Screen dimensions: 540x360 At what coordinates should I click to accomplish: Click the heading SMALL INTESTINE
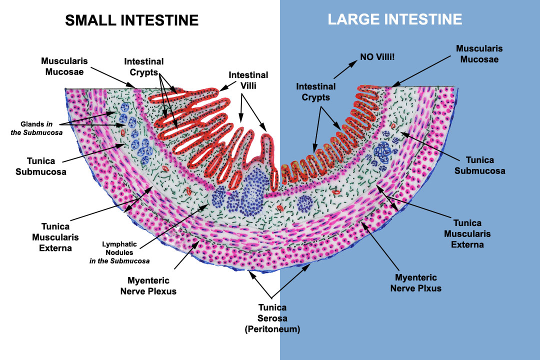132,20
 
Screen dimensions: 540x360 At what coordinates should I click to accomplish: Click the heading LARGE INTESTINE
394,19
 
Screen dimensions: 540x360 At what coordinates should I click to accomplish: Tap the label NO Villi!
377,57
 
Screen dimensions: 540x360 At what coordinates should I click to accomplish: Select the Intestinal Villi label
248,80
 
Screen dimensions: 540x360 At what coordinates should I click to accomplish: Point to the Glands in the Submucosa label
36,128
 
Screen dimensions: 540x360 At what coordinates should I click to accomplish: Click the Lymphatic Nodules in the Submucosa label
119,252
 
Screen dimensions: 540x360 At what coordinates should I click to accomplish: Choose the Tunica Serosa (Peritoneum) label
272,318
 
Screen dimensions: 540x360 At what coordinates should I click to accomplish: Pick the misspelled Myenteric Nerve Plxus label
415,283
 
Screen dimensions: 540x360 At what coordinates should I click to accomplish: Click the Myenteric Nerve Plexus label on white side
148,286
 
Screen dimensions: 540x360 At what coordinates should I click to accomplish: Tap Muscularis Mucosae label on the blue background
479,53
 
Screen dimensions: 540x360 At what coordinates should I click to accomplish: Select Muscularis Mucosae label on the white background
64,66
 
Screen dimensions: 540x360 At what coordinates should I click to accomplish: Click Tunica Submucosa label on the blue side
479,165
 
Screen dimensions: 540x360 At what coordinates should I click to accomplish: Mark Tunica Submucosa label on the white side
41,166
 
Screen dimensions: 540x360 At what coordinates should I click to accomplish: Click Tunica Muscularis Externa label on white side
55,237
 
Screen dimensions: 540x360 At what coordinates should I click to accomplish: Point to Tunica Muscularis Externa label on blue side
467,234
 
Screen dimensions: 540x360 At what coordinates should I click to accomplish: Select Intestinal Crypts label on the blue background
316,92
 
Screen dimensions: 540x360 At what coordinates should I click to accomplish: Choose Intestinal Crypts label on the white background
144,67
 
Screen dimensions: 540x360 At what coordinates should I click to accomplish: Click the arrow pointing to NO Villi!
345,69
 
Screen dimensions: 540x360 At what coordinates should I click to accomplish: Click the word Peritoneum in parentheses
272,329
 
